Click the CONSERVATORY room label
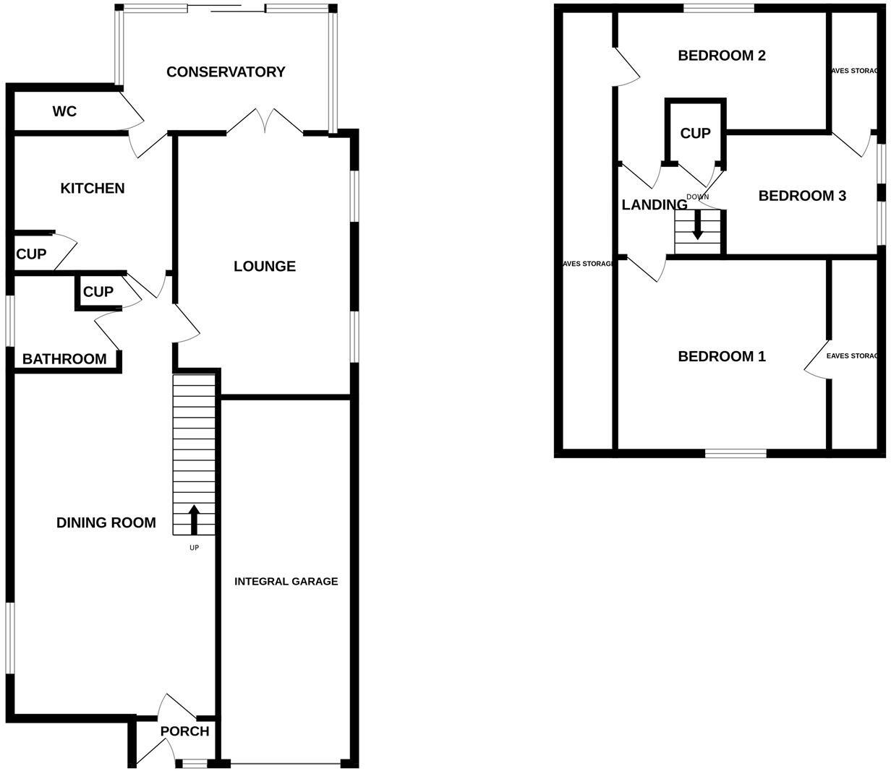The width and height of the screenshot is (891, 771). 226,72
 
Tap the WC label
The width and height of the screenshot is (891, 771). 64,111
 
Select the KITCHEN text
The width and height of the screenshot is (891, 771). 92,188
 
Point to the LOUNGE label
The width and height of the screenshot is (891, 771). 265,266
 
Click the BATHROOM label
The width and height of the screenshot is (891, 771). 64,358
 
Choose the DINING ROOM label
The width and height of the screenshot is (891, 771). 106,522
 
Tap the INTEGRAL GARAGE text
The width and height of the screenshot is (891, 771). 286,581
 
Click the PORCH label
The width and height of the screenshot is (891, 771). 184,731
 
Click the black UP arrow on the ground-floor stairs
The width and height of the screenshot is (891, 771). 194,520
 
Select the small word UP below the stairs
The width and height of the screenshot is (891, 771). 194,548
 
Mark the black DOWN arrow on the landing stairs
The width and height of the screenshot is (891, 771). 697,225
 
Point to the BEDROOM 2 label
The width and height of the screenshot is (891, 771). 722,56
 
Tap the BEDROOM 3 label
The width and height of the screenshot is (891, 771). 802,196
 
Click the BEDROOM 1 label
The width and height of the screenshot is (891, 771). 722,356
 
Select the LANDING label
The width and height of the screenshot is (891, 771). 654,204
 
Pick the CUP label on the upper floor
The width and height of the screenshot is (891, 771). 696,133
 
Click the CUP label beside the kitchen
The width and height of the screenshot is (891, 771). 31,254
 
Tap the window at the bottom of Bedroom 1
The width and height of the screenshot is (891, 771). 736,453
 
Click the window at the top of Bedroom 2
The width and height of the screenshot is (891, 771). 719,9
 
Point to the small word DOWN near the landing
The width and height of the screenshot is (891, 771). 698,197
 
